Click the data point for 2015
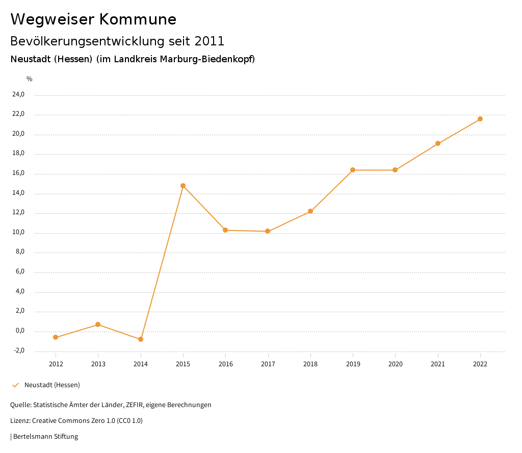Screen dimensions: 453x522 183,186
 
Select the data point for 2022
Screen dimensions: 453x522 480,119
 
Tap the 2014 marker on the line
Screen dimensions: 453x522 141,339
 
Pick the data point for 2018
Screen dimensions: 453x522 310,211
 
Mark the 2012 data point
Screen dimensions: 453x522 56,337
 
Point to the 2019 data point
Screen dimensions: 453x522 353,170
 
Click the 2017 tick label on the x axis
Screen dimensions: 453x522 268,364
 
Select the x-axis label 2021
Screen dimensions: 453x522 438,364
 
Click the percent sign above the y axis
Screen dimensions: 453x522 30,79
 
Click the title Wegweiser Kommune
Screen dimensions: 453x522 93,19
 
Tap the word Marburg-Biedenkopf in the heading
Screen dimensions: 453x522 207,59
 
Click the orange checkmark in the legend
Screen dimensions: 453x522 15,385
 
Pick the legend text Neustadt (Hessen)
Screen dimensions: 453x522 52,385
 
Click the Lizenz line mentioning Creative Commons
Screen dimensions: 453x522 76,421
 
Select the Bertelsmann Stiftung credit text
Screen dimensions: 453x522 45,437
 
